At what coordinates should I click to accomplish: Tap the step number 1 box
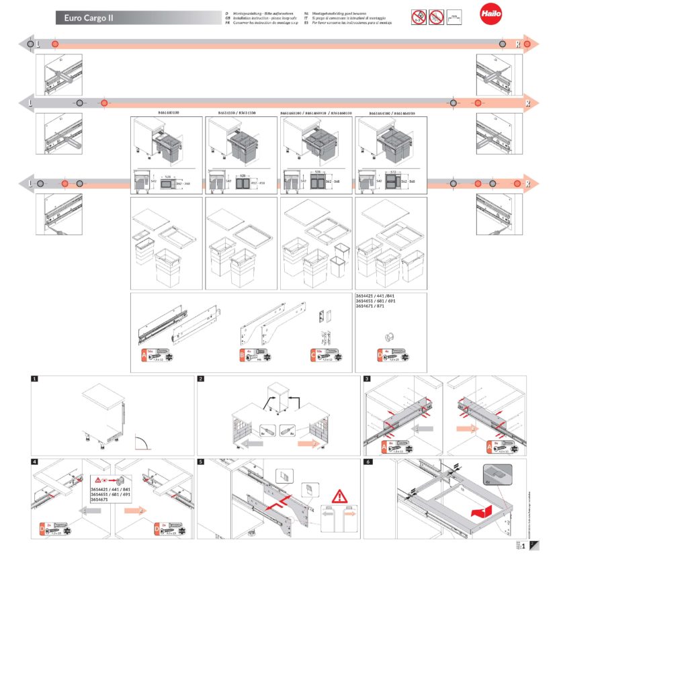[35, 379]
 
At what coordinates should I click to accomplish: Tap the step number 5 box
[201, 462]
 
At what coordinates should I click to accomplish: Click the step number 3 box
[367, 379]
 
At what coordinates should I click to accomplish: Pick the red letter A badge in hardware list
[143, 355]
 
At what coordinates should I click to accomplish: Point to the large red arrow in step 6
[478, 513]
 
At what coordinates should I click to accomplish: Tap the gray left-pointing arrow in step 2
[267, 444]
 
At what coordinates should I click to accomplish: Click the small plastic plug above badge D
[390, 335]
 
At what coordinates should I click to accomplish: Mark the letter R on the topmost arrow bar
[517, 44]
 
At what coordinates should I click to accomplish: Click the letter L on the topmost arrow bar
[38, 44]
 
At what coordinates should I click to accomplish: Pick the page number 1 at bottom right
[523, 546]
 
